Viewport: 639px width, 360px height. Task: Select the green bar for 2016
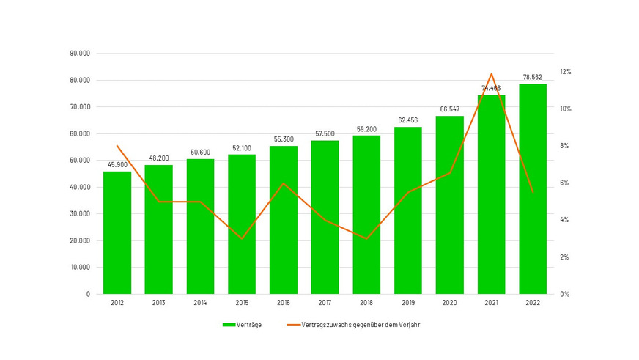click(284, 220)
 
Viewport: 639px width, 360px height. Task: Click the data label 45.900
click(117, 164)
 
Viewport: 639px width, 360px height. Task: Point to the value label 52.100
click(242, 147)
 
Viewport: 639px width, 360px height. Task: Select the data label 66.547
click(450, 109)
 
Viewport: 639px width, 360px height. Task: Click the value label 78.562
click(533, 77)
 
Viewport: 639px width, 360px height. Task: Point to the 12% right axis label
click(565, 72)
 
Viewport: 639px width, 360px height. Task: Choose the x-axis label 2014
click(200, 303)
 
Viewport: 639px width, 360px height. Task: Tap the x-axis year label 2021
click(491, 303)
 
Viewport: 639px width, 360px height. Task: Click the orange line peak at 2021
click(491, 73)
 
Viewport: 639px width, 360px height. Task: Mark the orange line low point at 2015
click(242, 238)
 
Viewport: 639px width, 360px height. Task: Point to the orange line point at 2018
click(366, 238)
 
